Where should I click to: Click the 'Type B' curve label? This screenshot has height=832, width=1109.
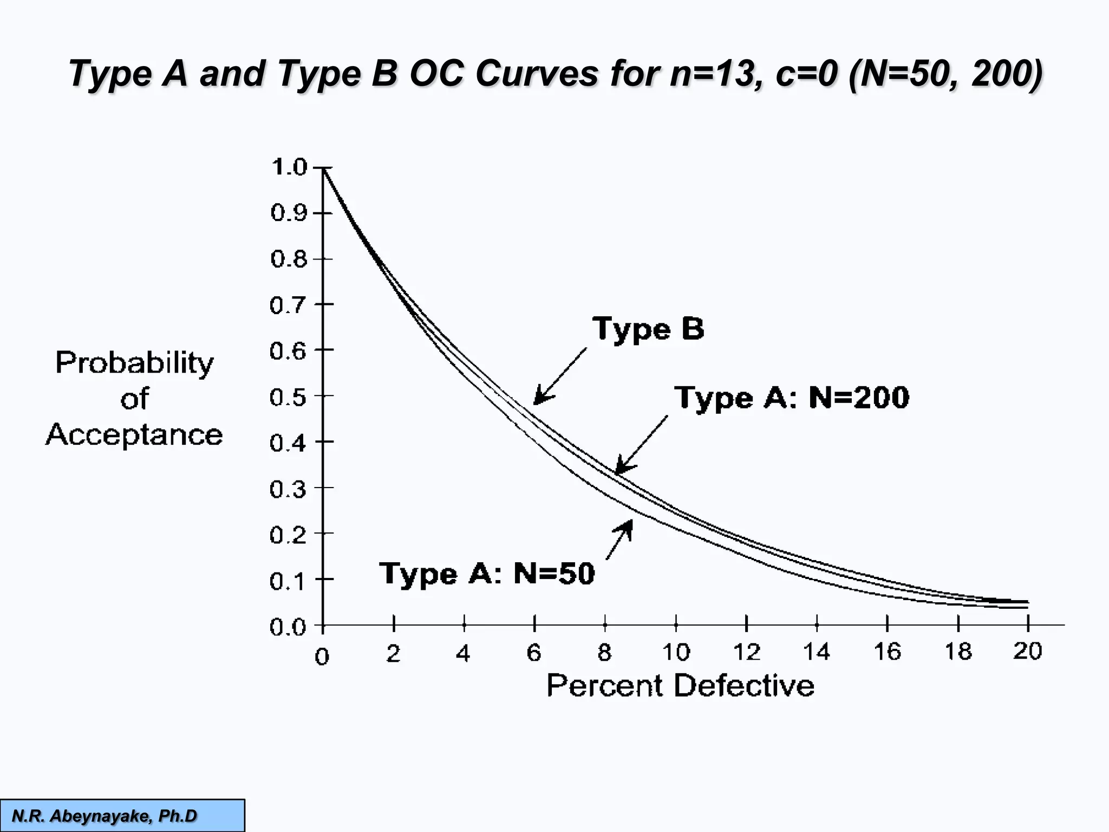click(648, 329)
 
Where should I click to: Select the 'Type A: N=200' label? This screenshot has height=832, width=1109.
click(791, 398)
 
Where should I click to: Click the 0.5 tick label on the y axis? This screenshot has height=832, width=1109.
click(288, 398)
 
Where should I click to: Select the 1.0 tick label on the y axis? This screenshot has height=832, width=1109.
click(289, 167)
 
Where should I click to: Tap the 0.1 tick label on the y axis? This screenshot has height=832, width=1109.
click(288, 582)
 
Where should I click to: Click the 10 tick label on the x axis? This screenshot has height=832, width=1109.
click(676, 652)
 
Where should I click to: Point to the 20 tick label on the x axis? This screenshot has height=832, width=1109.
click(1027, 651)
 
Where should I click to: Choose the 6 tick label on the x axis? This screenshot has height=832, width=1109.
click(534, 653)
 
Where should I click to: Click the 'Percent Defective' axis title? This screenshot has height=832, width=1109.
click(680, 686)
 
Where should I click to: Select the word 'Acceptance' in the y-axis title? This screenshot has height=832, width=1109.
click(134, 435)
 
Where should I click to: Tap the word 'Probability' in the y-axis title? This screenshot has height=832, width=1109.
click(134, 363)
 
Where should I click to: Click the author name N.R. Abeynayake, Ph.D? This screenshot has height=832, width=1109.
click(105, 816)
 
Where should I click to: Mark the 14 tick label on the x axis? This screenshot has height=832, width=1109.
click(816, 652)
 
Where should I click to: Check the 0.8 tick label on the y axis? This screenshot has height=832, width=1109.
click(288, 259)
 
